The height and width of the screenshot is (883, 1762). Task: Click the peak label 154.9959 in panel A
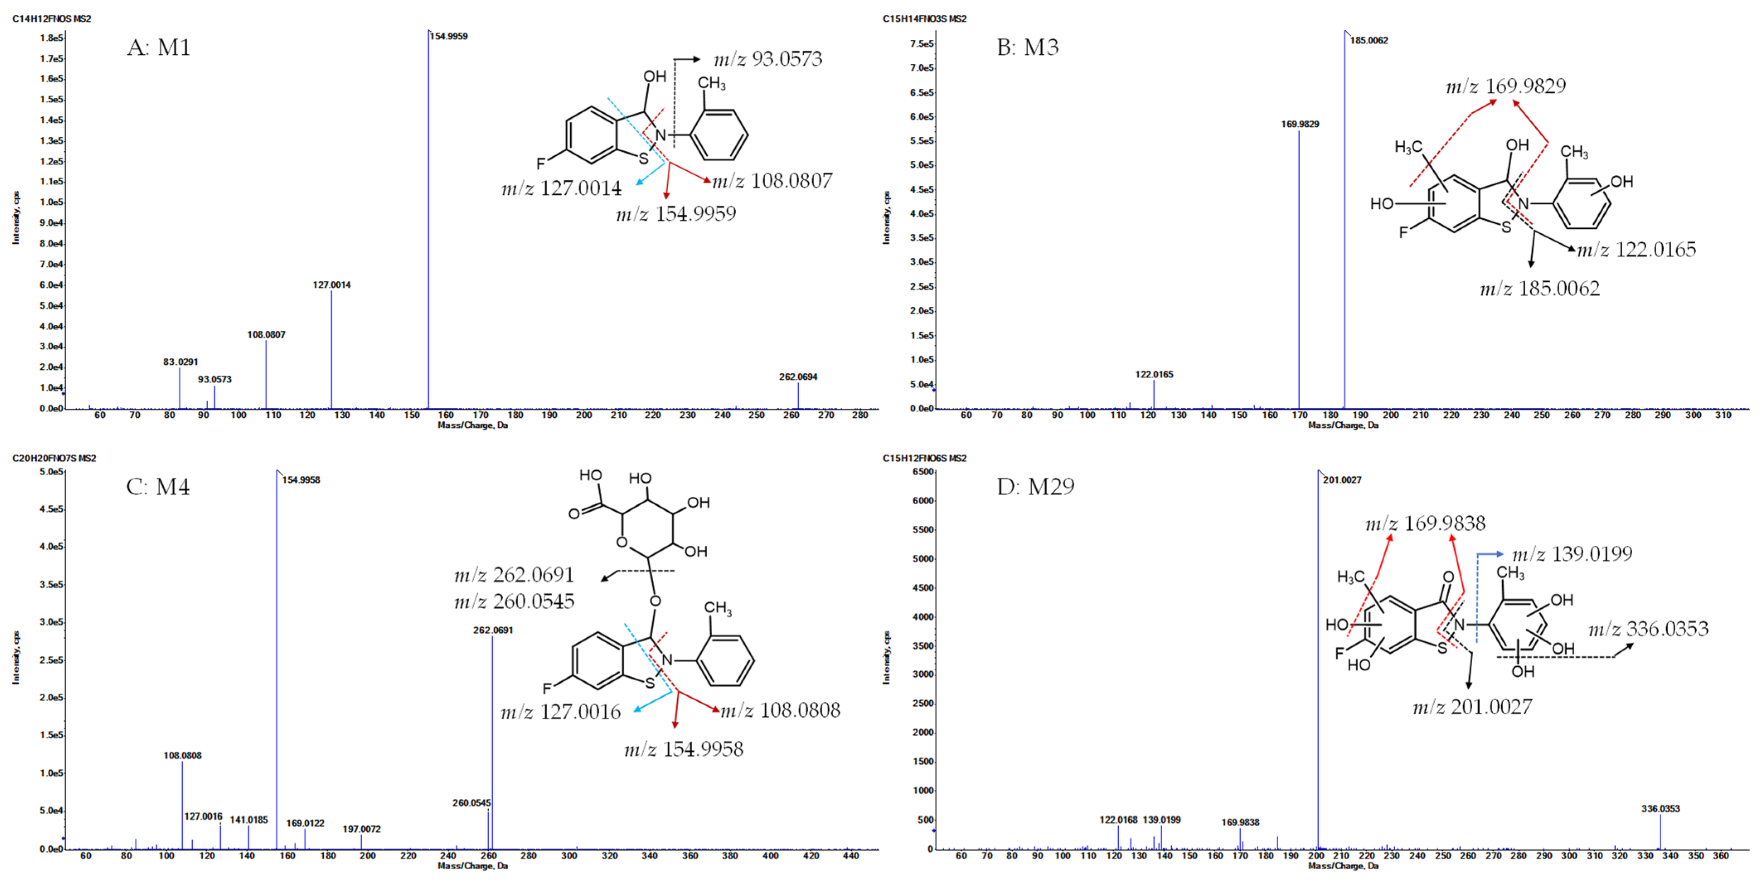[x=449, y=36]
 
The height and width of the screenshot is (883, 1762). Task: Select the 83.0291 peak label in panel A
[x=180, y=362]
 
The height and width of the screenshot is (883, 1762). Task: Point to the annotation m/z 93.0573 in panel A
[x=768, y=59]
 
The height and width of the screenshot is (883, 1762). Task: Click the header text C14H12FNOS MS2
[x=51, y=19]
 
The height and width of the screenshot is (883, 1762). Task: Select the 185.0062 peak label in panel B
[x=1369, y=40]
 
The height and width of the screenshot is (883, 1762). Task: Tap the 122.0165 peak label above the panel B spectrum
[x=1154, y=374]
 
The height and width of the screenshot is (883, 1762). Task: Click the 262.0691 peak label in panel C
[x=492, y=630]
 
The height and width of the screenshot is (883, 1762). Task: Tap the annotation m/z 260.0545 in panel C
[x=514, y=601]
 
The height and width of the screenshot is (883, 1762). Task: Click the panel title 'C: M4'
[x=158, y=486]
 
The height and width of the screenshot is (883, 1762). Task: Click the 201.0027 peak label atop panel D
[x=1342, y=479]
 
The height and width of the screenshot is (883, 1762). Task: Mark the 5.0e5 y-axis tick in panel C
[x=51, y=472]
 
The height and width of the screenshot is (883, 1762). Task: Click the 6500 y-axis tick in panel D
[x=923, y=472]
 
